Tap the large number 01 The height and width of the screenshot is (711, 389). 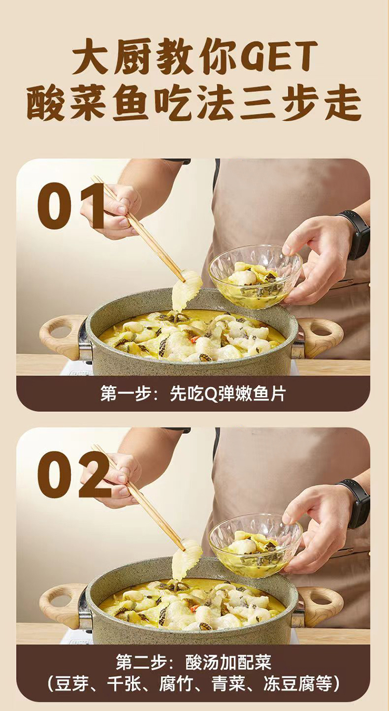coord(71,206)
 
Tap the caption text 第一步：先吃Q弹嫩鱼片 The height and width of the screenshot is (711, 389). coord(193,394)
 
